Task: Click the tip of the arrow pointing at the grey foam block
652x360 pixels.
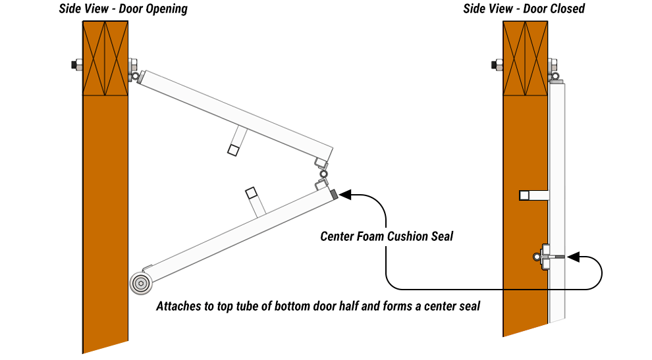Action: tap(339, 194)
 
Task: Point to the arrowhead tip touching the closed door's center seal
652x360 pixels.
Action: tap(567, 257)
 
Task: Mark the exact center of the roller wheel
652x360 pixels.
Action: tap(141, 284)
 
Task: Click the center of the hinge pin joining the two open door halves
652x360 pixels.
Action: tap(323, 174)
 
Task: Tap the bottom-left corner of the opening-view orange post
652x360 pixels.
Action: tap(83, 353)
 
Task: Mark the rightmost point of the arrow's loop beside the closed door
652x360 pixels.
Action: tap(602, 272)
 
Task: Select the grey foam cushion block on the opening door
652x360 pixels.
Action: tap(334, 194)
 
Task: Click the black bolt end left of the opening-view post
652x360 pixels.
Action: tap(74, 65)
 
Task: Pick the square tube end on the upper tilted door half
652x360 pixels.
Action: tap(233, 150)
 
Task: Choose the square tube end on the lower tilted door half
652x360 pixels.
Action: tap(251, 193)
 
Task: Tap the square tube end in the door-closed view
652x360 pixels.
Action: tap(524, 195)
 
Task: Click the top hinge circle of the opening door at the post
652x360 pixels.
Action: tap(135, 76)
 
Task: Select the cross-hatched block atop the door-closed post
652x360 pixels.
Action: tap(525, 59)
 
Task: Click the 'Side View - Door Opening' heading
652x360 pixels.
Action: tap(123, 9)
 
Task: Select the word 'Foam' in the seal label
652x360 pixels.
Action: tap(371, 236)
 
